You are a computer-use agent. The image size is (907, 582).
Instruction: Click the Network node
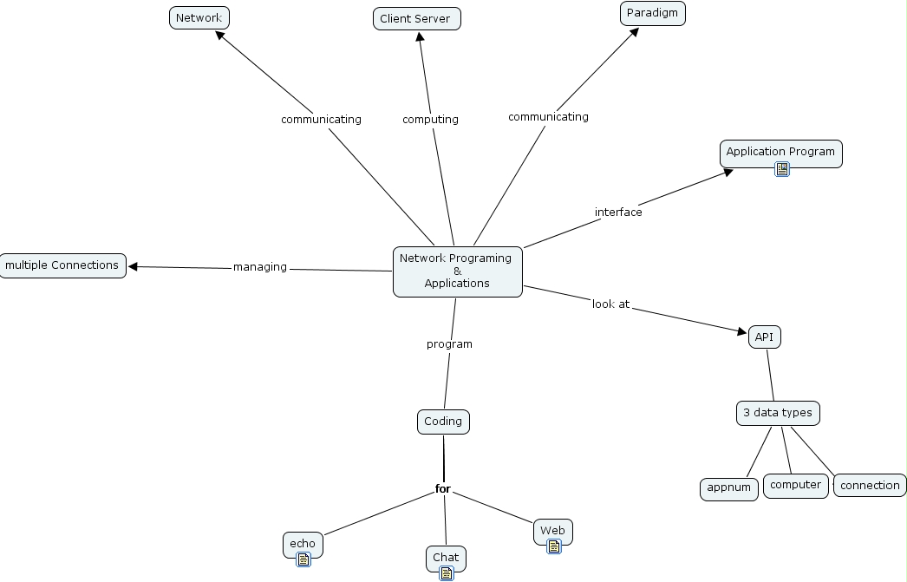(199, 17)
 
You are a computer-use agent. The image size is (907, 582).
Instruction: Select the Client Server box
(416, 19)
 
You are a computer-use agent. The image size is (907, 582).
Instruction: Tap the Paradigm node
(652, 13)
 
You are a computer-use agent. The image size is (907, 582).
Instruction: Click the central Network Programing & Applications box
(457, 271)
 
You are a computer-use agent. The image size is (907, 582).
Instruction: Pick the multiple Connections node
(62, 265)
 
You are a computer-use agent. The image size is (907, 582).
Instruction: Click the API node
(764, 337)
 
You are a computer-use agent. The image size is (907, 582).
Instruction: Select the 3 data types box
(778, 413)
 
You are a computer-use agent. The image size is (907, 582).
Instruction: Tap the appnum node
(728, 488)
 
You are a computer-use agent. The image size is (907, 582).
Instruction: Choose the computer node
(795, 485)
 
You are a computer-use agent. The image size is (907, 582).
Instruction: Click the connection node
(870, 486)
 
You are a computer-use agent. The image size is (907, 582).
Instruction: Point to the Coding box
(443, 422)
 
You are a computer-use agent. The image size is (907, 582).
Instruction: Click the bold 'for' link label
(443, 489)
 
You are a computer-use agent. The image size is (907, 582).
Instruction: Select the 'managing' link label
(259, 267)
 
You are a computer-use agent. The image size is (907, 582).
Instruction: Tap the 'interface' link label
(618, 213)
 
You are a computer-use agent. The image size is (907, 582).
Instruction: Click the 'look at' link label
(610, 304)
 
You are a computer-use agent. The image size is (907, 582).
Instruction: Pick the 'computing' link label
(430, 120)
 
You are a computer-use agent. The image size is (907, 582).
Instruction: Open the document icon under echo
(303, 559)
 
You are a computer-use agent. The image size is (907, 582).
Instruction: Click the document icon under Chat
(446, 572)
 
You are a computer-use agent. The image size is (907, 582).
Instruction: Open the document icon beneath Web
(553, 546)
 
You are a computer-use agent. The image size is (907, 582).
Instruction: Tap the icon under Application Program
(781, 169)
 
